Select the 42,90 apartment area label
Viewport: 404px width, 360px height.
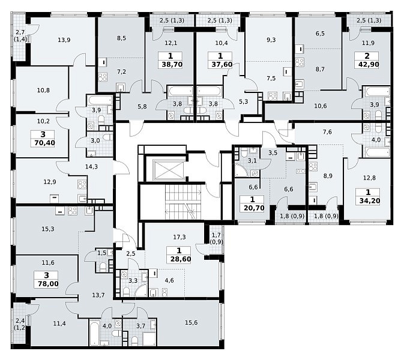coord(369,64)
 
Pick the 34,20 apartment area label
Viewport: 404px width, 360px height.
coord(370,200)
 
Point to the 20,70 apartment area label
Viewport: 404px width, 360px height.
coord(254,208)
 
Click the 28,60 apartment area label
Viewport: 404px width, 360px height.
coord(181,259)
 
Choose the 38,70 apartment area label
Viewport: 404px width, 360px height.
coord(172,64)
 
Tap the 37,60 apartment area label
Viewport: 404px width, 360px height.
coord(222,64)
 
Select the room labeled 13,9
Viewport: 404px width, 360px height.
coord(64,40)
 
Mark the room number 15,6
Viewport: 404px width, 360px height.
coord(191,322)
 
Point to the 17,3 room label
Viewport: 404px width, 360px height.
coord(179,237)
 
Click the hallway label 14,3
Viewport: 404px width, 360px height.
coord(91,167)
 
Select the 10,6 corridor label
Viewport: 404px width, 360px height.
coord(321,106)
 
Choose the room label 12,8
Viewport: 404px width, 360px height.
coord(369,178)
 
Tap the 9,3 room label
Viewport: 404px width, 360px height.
coord(271,40)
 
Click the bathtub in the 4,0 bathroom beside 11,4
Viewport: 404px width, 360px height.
coord(95,333)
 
